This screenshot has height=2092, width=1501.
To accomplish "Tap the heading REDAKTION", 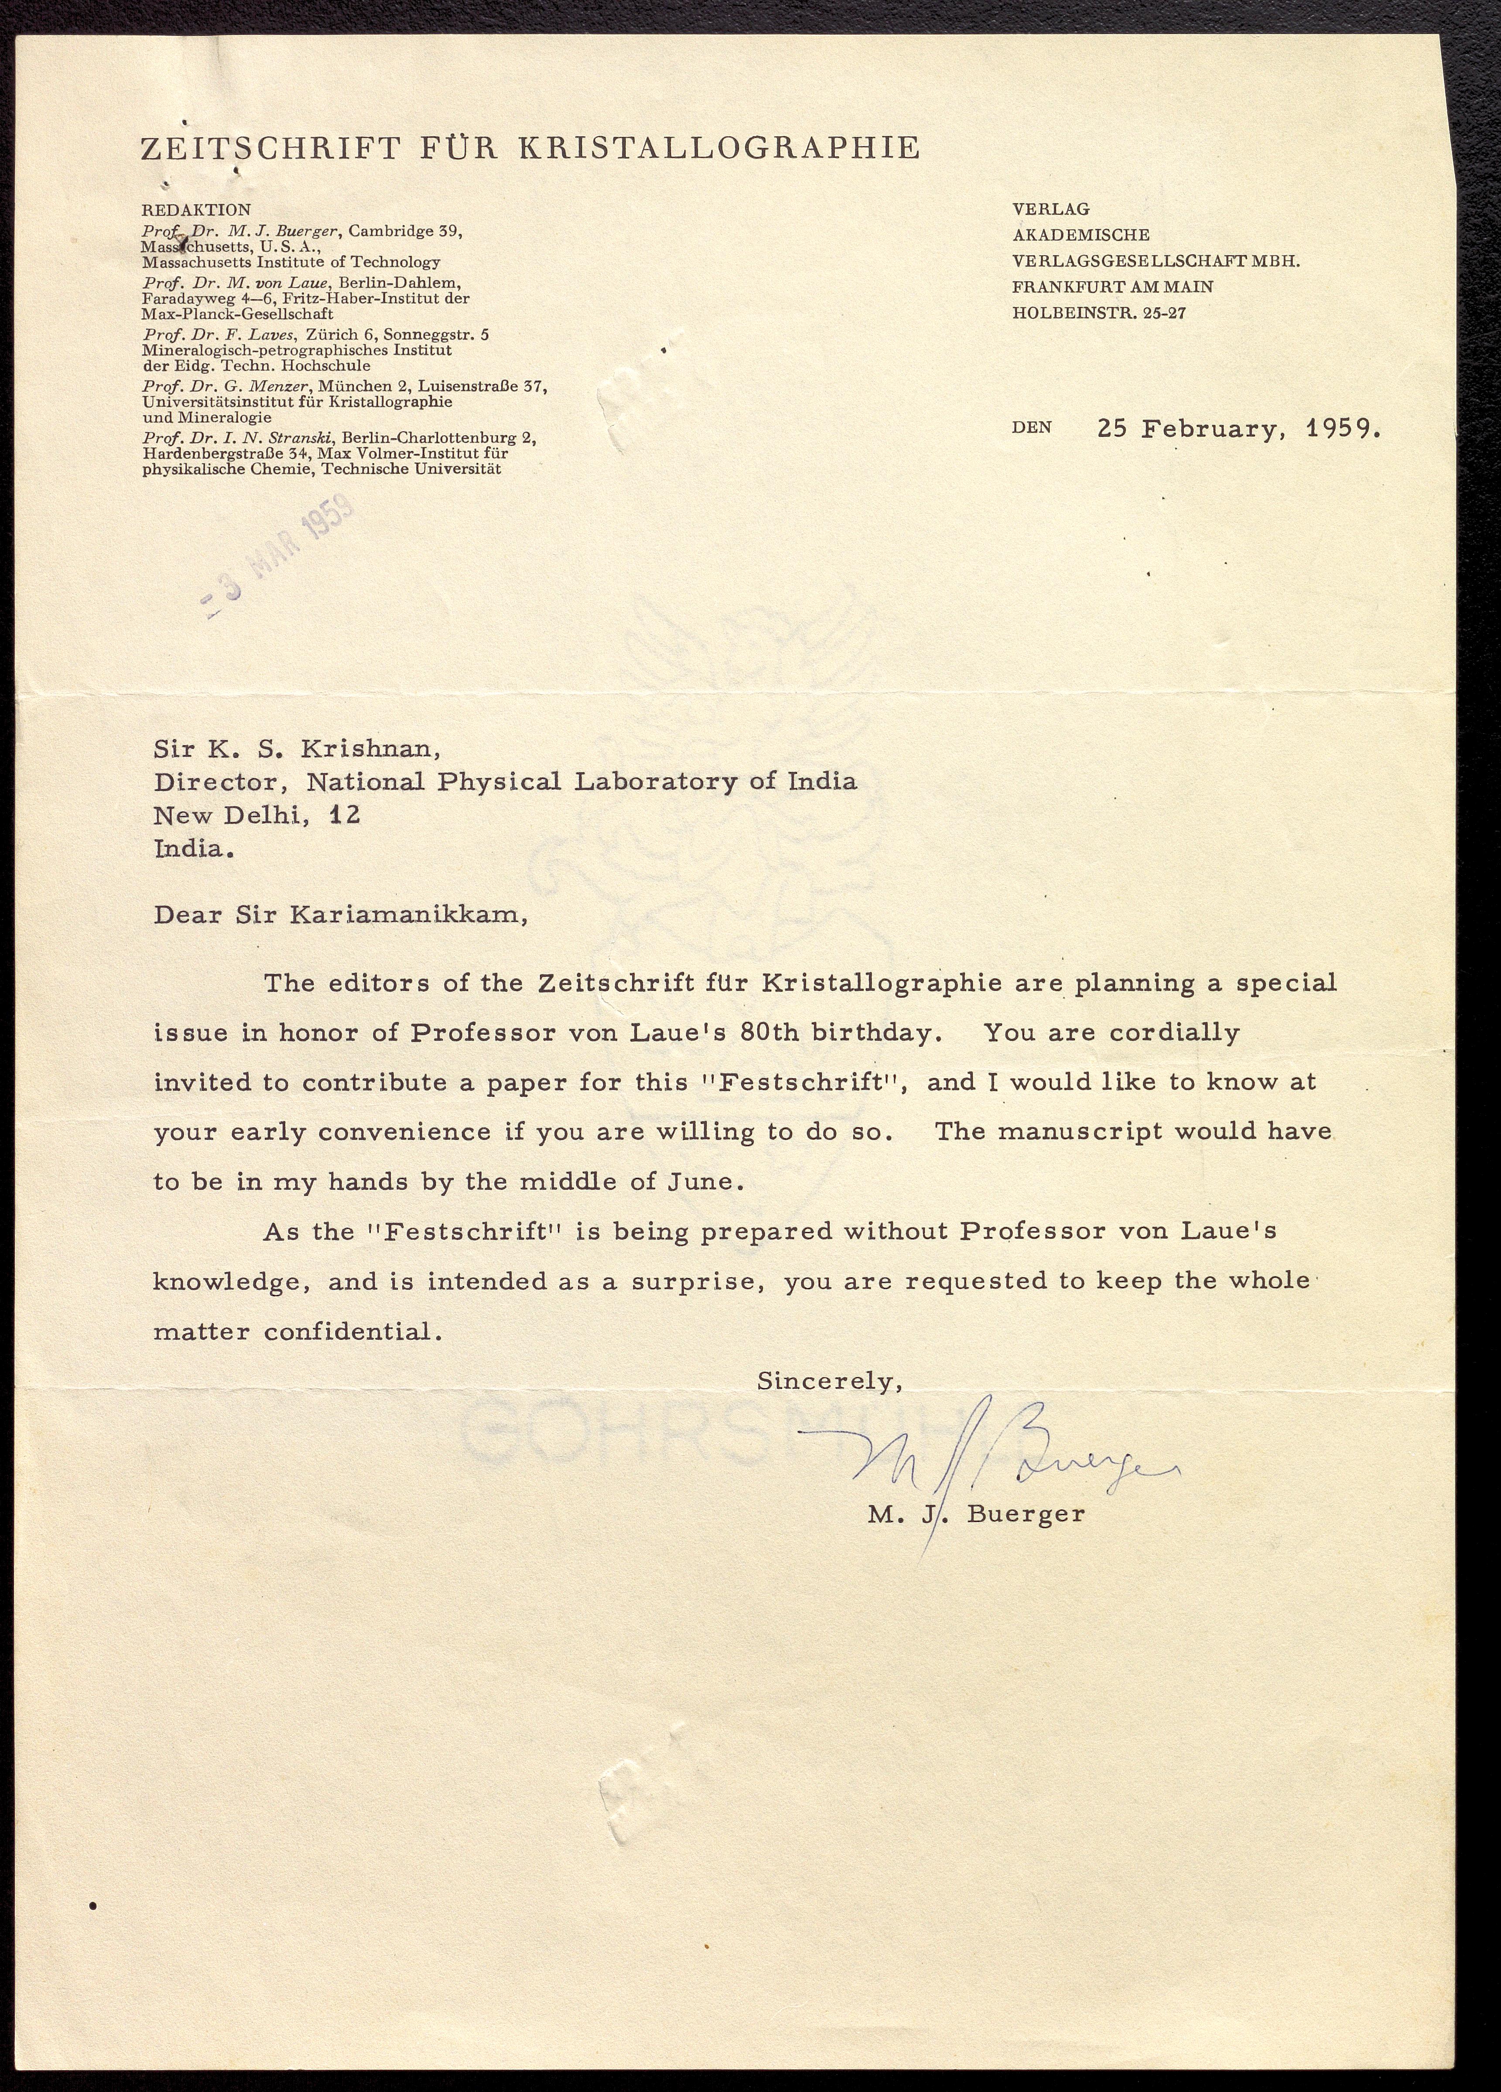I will (195, 210).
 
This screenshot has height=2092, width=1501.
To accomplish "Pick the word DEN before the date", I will (1031, 428).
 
